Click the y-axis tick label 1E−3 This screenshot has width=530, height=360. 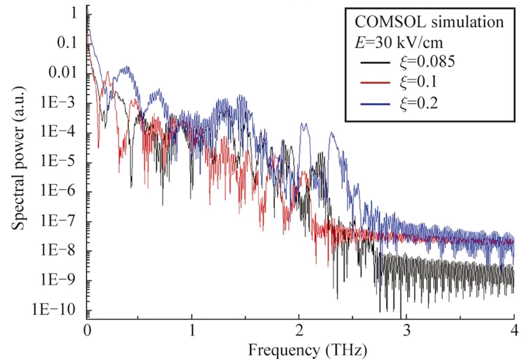(58, 102)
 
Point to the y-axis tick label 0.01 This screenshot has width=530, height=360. (63, 72)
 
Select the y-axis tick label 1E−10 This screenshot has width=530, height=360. (53, 310)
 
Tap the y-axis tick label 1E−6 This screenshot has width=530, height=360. (58, 191)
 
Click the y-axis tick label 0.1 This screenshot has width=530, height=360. (67, 43)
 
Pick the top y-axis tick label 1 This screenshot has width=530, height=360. (74, 13)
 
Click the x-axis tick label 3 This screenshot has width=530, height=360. (406, 330)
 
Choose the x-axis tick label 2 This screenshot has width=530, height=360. (299, 330)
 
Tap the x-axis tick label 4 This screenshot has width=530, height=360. (514, 330)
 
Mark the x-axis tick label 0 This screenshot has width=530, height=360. (87, 330)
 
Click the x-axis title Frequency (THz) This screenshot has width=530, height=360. (307, 350)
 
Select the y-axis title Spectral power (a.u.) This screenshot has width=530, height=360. (18, 158)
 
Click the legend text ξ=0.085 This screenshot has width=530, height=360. (427, 61)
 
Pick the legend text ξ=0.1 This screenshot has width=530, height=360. (418, 82)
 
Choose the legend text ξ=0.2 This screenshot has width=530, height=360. (419, 103)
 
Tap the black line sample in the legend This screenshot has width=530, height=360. (375, 62)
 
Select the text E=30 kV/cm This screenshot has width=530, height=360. (399, 42)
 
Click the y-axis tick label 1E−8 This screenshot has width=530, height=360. (58, 250)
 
